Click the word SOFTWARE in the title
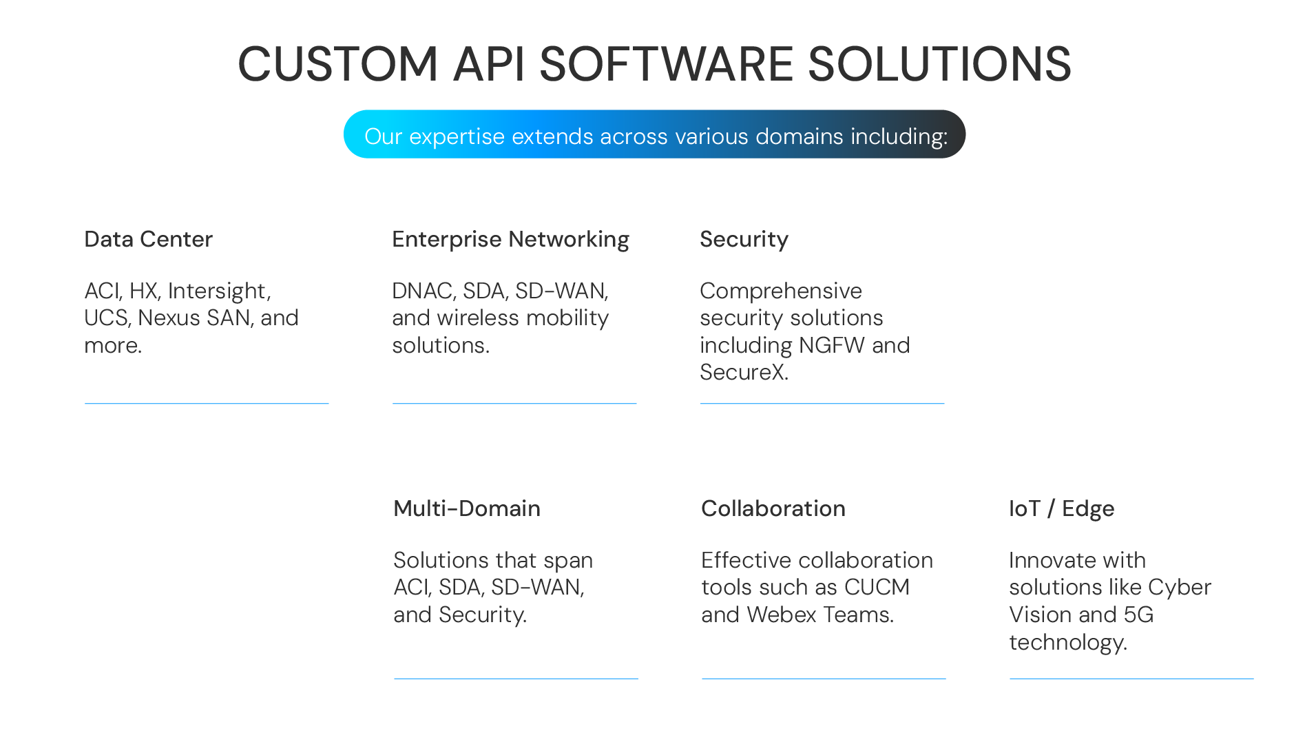click(666, 64)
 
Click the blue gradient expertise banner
click(654, 134)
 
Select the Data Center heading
click(148, 239)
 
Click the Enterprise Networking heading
click(510, 240)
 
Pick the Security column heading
click(744, 240)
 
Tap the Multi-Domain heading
click(467, 508)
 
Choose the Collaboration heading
click(773, 508)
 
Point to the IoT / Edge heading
click(1061, 509)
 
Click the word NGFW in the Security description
click(831, 345)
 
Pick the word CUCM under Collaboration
click(877, 587)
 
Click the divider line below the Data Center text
click(207, 403)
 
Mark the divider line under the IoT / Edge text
click(1131, 679)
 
